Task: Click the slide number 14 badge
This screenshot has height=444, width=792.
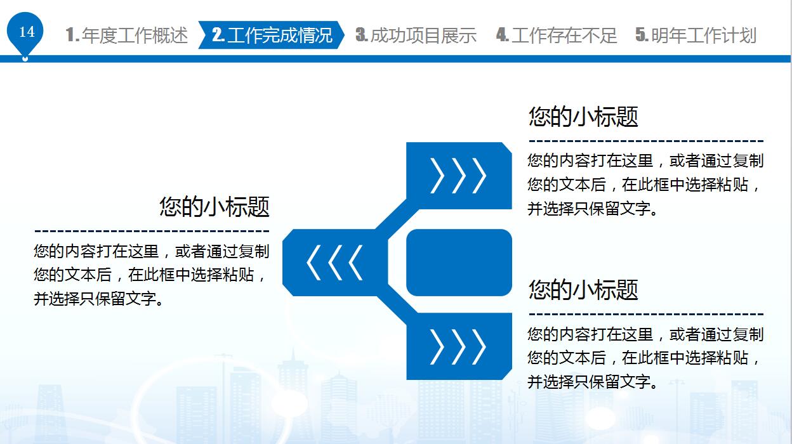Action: (25, 32)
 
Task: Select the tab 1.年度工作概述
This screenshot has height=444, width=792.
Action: (126, 36)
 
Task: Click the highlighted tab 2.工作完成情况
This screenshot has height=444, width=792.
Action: (272, 35)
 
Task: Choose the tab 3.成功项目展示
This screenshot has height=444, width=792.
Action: (416, 36)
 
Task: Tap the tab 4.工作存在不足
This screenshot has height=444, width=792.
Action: (557, 36)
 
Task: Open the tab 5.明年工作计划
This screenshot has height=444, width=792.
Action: (696, 36)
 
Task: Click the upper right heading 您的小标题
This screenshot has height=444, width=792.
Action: (583, 116)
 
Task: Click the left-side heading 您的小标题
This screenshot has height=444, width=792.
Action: (214, 206)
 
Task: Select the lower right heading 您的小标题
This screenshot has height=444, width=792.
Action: (583, 289)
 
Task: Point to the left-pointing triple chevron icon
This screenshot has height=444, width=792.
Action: (334, 263)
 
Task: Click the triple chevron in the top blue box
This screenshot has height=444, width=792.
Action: (458, 176)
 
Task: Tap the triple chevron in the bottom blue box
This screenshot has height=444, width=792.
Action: (458, 347)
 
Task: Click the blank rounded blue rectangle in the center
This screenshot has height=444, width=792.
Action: (459, 263)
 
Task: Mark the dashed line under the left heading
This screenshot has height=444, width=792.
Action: (152, 231)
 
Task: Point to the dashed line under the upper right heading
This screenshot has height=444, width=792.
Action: (646, 141)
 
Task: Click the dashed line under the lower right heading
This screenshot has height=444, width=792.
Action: (646, 314)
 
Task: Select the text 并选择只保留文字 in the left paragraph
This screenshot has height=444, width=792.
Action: (95, 299)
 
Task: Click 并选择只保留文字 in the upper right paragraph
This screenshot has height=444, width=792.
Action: (589, 209)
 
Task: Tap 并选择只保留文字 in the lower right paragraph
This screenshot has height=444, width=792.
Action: (589, 382)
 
